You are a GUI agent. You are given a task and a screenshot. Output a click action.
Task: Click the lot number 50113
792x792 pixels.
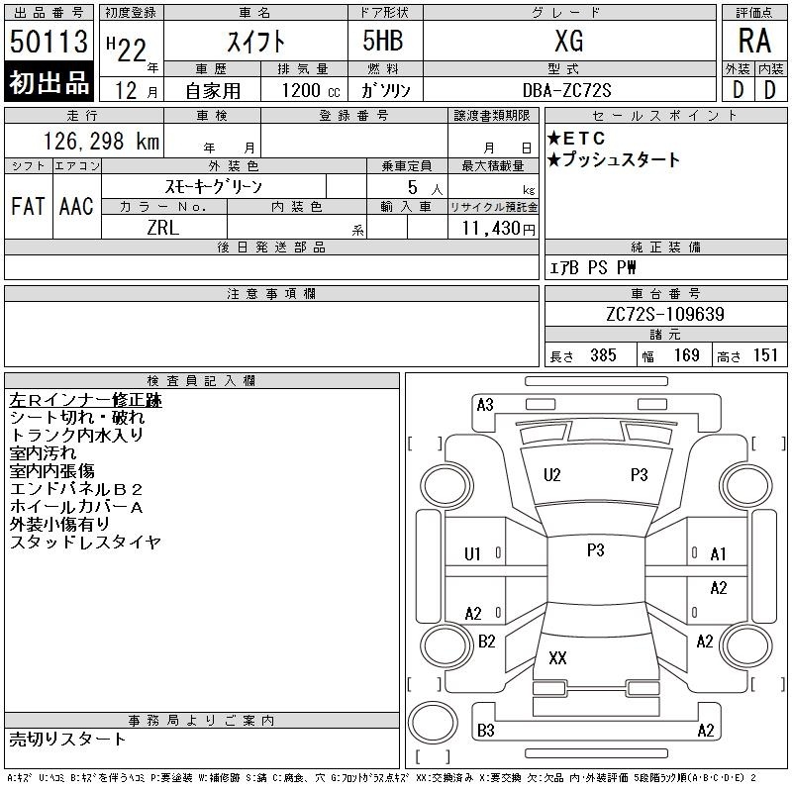49,41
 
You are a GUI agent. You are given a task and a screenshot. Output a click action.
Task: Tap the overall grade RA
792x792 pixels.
754,41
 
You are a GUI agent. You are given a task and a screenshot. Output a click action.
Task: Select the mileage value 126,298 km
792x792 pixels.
102,141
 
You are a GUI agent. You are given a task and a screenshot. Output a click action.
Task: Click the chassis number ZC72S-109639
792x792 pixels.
665,314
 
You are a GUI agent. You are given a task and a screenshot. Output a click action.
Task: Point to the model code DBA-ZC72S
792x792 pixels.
566,90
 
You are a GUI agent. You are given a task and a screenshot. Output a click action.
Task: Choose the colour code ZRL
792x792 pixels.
163,228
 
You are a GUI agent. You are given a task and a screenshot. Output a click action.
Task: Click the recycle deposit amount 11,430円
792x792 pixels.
499,229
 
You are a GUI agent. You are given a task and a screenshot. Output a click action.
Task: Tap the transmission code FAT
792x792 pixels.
28,206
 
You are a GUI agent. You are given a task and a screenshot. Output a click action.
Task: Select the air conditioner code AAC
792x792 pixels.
76,206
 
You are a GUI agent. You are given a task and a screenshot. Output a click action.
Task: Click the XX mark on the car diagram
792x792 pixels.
557,657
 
